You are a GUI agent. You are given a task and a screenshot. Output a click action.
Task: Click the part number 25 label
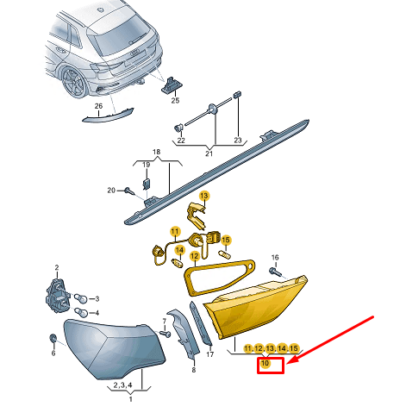point(175,100)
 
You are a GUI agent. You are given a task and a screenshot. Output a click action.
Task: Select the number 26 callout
point(98,106)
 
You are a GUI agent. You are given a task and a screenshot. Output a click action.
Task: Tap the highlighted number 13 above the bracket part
point(204,196)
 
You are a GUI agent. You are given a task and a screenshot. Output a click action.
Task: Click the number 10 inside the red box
point(265,363)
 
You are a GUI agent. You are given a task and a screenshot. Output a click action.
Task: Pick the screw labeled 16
point(274,271)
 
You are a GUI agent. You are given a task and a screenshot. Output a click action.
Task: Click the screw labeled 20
point(129,191)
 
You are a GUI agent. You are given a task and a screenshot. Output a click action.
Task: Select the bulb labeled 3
point(80,298)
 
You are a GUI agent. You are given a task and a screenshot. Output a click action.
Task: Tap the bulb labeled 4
point(80,312)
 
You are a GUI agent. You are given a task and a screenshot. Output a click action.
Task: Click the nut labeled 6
point(53,338)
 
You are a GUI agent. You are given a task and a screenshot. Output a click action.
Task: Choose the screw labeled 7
point(165,334)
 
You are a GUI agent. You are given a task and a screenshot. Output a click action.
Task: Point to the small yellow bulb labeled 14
point(177,263)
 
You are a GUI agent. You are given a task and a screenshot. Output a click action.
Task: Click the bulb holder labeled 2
point(58,295)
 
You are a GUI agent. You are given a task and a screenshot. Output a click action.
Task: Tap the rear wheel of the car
point(74,82)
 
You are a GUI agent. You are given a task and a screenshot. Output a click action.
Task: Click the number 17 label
point(210,354)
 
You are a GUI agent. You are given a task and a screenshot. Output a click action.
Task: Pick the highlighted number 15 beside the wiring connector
point(226,240)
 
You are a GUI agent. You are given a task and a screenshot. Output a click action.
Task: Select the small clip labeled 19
point(147,184)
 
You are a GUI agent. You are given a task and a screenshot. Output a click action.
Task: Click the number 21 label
point(209,153)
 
